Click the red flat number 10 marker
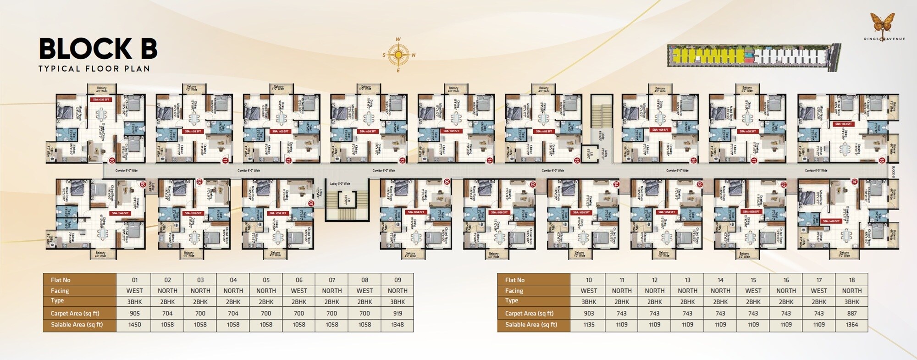click(x=112, y=161)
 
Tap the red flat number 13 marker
click(x=402, y=161)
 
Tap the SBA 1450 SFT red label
click(x=834, y=221)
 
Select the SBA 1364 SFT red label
click(x=843, y=124)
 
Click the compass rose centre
click(x=398, y=55)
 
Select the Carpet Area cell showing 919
click(x=397, y=313)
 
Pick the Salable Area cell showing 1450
click(x=134, y=324)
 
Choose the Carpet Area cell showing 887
click(x=851, y=313)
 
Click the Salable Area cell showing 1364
click(x=851, y=324)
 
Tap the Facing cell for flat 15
click(x=753, y=291)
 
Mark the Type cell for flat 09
click(x=397, y=302)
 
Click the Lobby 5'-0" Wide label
click(x=340, y=183)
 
